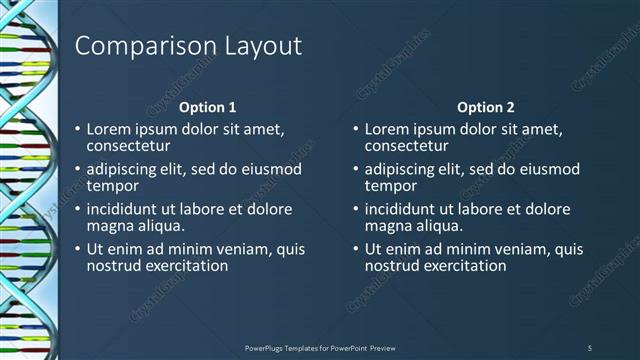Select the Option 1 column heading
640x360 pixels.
(x=207, y=107)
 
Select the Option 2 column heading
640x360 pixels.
(x=485, y=107)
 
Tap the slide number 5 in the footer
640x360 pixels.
(x=590, y=347)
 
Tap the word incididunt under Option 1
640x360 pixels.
(x=127, y=210)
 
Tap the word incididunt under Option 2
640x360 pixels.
(x=405, y=210)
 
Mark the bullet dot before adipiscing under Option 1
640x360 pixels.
(x=78, y=170)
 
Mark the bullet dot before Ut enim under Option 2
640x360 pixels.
(x=356, y=250)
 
